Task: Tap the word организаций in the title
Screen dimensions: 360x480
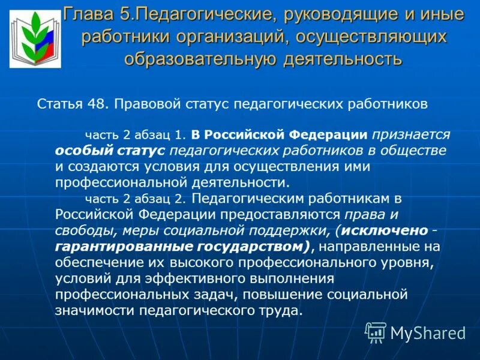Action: (229, 37)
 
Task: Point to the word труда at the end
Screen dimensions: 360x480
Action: (279, 311)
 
